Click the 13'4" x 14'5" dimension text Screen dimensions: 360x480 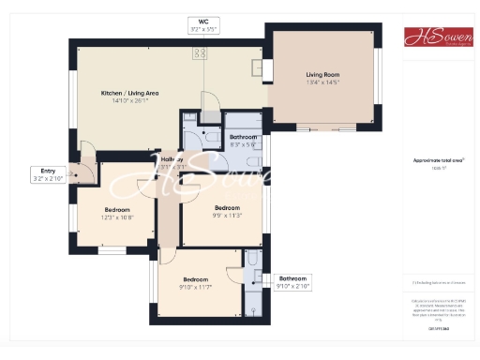point(322,82)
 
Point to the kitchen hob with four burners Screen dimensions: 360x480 point(201,53)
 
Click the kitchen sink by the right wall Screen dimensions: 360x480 point(257,68)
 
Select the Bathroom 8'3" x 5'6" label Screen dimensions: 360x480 point(243,137)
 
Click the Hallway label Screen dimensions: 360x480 point(172,159)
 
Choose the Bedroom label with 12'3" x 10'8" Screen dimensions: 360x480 point(117,209)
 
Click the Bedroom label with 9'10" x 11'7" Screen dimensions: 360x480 point(195,279)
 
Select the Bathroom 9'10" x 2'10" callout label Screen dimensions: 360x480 point(292,278)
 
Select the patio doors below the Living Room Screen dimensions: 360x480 point(323,127)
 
